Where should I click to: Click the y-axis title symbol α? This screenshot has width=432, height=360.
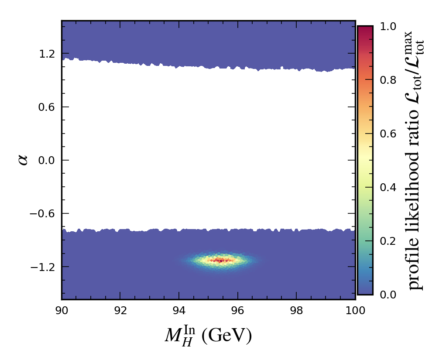coord(23,160)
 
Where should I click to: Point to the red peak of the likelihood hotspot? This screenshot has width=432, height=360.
coord(221,261)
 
